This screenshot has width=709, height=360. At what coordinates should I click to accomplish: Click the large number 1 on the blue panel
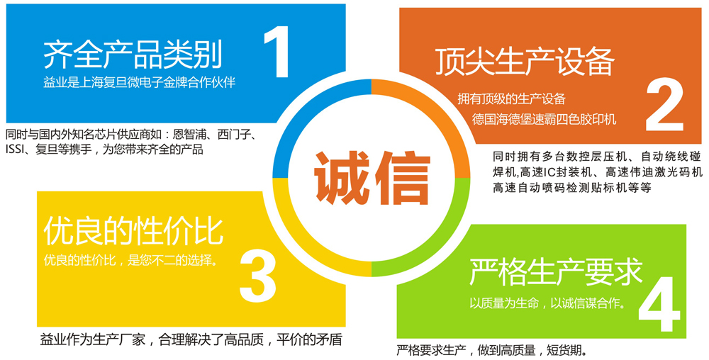tap(277, 51)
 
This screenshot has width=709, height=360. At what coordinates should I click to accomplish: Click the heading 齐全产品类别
tap(133, 55)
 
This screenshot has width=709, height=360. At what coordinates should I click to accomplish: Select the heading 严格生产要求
tap(556, 272)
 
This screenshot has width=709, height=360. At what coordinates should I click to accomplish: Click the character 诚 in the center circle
tap(342, 178)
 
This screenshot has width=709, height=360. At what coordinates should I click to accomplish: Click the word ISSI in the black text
tap(16, 149)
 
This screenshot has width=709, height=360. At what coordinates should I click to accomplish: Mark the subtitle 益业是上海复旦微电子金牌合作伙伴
tap(139, 83)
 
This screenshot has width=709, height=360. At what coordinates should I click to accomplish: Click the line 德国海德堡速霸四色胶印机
tap(544, 119)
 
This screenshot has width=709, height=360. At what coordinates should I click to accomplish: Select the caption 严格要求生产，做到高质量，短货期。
tap(491, 350)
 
